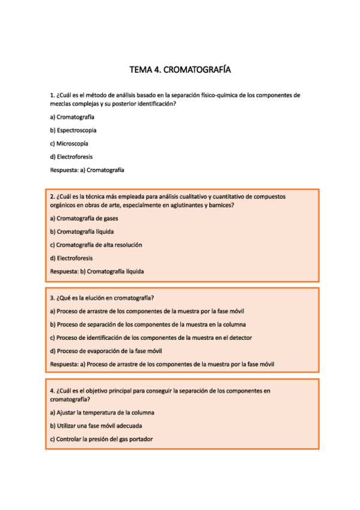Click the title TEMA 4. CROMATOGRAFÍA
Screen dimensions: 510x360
pos(180,70)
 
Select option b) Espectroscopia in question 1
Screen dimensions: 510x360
pos(73,130)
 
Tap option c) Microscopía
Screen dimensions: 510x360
pos(69,143)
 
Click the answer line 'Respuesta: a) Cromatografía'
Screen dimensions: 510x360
pos(87,170)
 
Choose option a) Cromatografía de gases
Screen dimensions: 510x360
pos(84,218)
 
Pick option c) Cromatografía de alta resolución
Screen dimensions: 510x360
pos(96,245)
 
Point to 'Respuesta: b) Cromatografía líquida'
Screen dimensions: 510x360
pos(97,271)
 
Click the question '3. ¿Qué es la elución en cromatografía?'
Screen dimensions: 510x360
pos(111,298)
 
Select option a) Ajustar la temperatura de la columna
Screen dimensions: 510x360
pos(102,413)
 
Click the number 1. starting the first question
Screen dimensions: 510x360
pos(52,96)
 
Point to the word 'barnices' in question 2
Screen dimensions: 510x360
pos(222,205)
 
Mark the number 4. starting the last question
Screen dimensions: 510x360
pos(52,391)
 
